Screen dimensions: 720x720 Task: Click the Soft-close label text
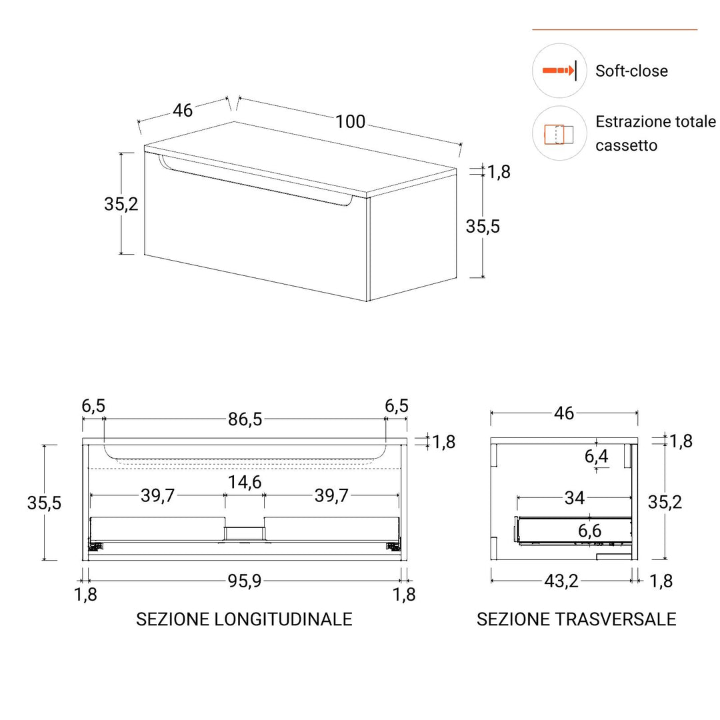point(631,71)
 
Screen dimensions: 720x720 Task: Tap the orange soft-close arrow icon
point(559,71)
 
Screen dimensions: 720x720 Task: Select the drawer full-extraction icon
point(559,134)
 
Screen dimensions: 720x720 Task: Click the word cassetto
point(626,145)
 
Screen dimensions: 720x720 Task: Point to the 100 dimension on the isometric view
point(351,122)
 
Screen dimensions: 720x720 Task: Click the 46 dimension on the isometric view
point(182,111)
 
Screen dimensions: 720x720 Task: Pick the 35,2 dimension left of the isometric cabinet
point(121,204)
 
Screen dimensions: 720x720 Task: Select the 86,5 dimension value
point(245,419)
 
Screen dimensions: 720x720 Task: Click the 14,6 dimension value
point(245,482)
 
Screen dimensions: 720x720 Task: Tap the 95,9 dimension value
point(245,581)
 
